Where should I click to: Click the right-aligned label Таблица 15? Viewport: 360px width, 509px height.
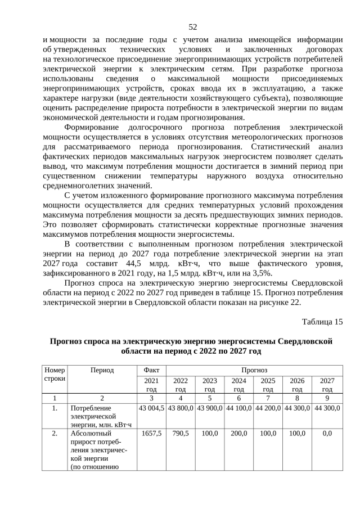pos(322,322)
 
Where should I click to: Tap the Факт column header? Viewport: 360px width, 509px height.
pos(151,370)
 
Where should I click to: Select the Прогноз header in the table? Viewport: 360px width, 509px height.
pos(254,370)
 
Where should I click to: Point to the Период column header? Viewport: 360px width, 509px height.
pos(102,370)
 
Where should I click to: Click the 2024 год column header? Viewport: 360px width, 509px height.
pos(238,385)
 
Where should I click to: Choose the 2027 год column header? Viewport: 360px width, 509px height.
pos(327,385)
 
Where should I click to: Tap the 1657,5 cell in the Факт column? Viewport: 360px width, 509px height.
pos(151,434)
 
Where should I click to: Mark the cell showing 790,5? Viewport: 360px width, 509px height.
pos(180,434)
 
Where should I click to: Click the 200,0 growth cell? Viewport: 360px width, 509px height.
pos(238,434)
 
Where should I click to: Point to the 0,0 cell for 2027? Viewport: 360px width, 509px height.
pos(327,434)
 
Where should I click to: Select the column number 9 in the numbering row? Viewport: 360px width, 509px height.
pos(327,397)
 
